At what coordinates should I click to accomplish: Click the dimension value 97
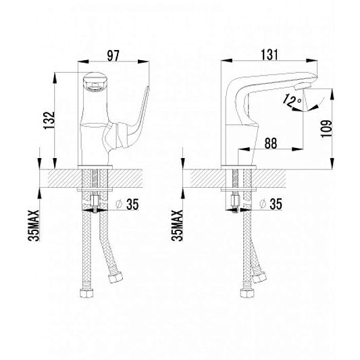click(113, 56)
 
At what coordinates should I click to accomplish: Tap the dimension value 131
click(269, 55)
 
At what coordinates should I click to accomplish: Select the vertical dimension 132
click(49, 120)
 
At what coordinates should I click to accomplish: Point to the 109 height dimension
click(326, 128)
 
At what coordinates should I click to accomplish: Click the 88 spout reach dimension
click(271, 143)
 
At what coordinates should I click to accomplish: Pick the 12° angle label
click(292, 101)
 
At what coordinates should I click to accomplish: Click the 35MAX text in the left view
click(34, 226)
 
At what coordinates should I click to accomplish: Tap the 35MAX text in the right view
click(177, 226)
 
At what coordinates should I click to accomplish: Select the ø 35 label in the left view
click(128, 204)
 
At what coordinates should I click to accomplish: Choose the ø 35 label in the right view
click(271, 204)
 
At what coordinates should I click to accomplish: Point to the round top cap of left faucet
click(94, 81)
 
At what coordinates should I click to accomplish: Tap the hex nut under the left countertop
click(95, 201)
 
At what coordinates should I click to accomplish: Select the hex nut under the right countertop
click(235, 201)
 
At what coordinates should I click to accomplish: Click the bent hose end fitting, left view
click(115, 277)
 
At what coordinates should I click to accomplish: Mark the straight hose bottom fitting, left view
click(86, 292)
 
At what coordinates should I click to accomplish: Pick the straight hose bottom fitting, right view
click(247, 292)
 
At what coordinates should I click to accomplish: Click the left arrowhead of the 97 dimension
click(83, 61)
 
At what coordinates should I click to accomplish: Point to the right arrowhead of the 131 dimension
click(312, 61)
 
